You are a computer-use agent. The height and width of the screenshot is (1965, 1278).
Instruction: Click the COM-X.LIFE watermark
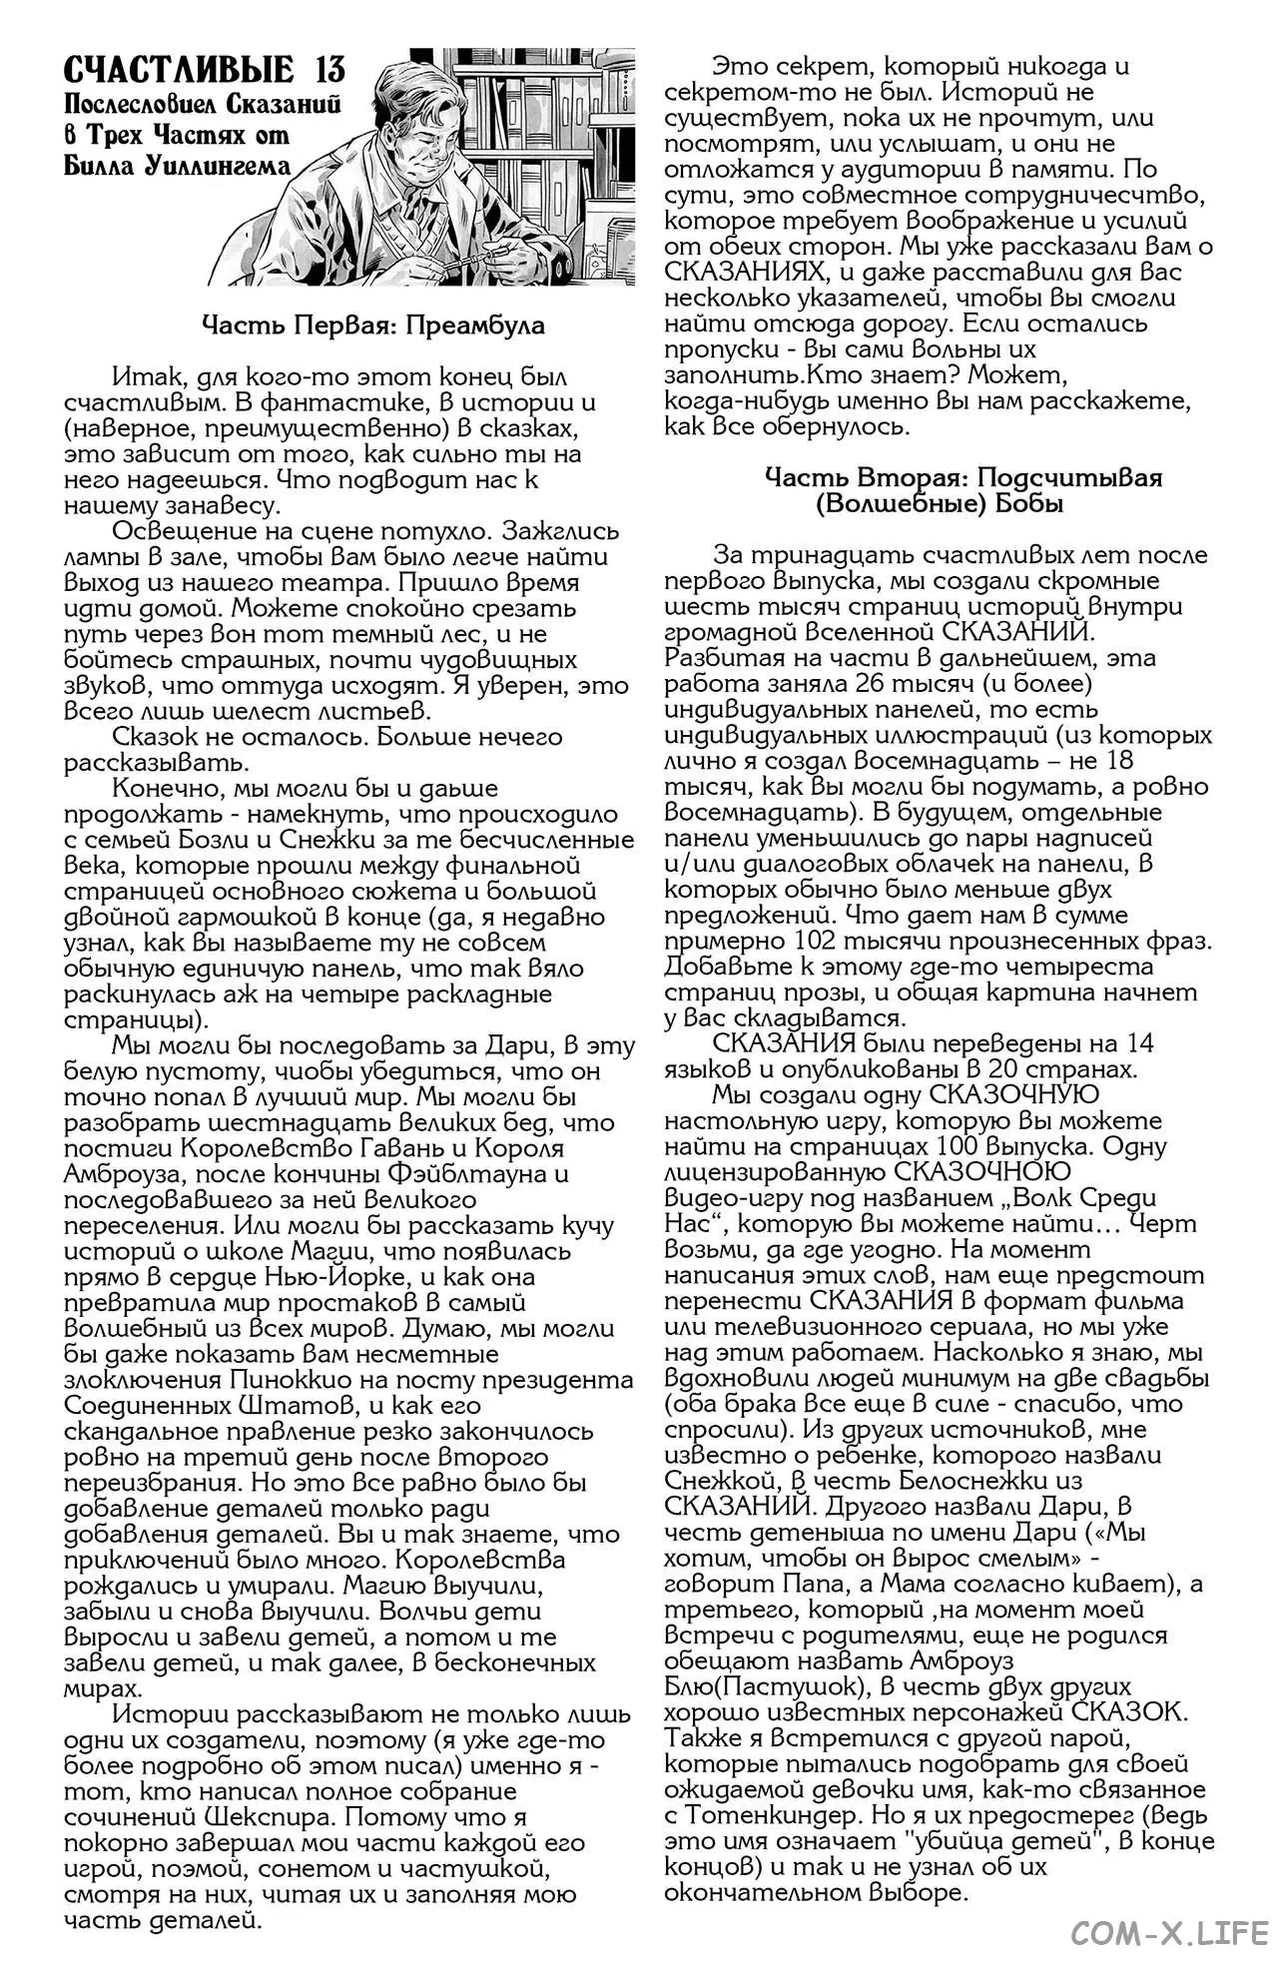[x=1169, y=1933]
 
